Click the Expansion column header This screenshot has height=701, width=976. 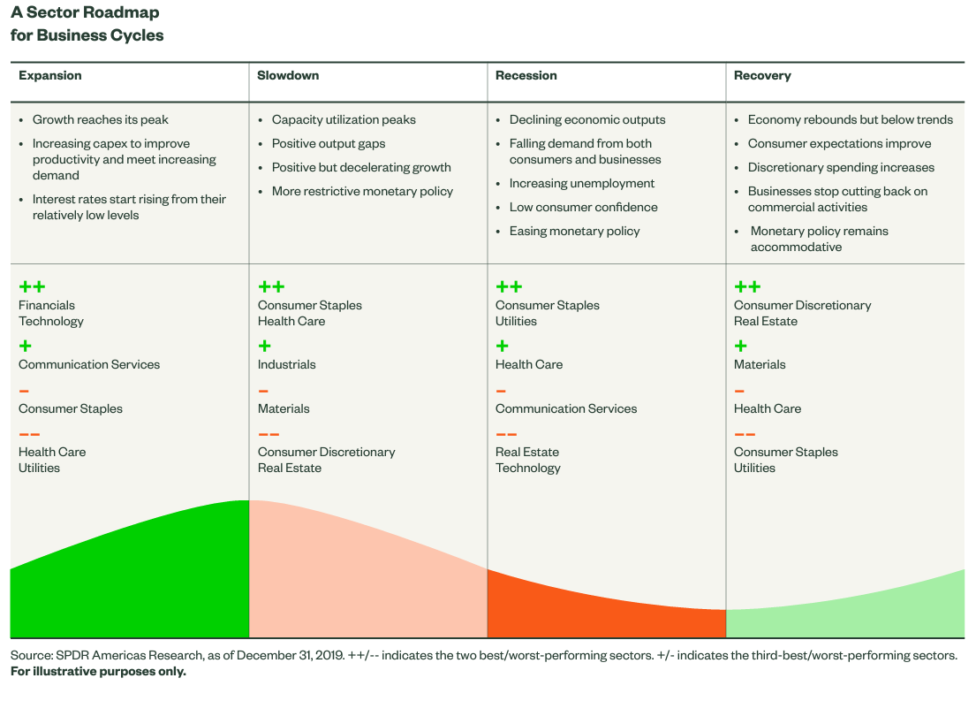point(50,76)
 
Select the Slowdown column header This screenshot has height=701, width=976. point(288,76)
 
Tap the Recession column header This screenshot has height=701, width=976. point(526,76)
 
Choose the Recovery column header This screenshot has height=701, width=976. point(762,76)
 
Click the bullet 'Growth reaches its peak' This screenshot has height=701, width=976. point(100,120)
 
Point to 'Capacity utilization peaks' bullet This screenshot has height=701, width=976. point(344,120)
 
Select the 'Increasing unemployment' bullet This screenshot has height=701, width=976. point(582,184)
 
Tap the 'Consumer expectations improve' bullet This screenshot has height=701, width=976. point(839,144)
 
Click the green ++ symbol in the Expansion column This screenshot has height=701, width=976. point(32,286)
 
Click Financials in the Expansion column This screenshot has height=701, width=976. point(47,306)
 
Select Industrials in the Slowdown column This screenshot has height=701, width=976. point(286,365)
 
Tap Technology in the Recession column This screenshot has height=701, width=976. point(528,469)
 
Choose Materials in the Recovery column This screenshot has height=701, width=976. point(760,365)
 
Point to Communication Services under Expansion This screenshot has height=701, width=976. point(89,365)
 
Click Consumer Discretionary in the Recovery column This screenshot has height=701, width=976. point(802,306)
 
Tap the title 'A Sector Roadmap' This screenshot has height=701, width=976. point(85,14)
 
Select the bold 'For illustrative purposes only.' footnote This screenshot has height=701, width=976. point(98,672)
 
